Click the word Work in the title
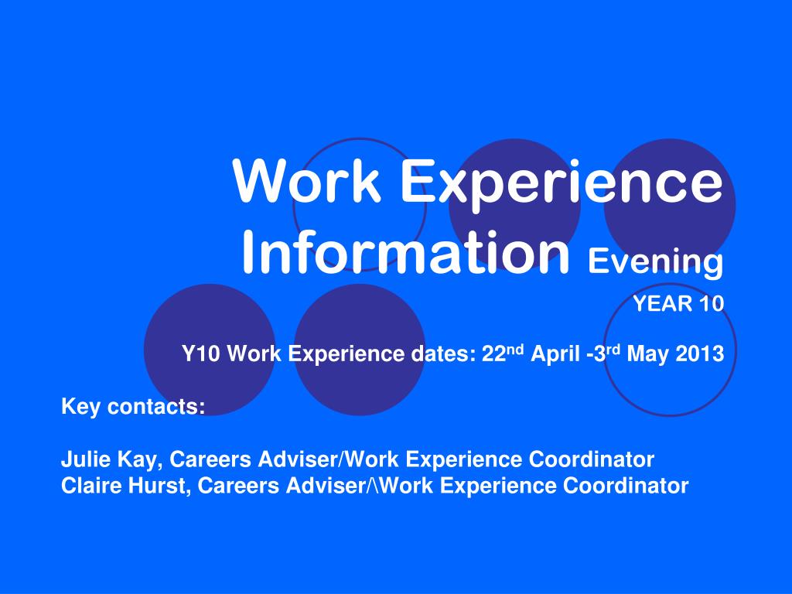pyautogui.click(x=307, y=182)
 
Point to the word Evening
pyautogui.click(x=655, y=263)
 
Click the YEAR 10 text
pyautogui.click(x=678, y=304)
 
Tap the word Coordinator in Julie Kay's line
pyautogui.click(x=592, y=460)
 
